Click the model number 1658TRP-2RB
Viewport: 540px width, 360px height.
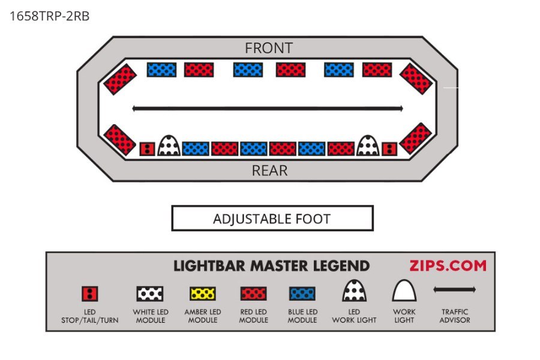50,16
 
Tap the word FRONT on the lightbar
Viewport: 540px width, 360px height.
269,48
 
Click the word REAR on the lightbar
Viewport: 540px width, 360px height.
269,170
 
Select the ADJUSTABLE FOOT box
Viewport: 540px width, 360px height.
272,218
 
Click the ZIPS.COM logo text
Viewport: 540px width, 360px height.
448,266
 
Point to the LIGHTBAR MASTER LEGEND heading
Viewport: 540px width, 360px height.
271,266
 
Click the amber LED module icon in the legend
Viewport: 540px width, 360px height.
203,294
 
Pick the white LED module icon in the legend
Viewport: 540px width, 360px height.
150,294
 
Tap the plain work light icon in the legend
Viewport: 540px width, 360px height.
404,290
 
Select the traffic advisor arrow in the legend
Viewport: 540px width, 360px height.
455,289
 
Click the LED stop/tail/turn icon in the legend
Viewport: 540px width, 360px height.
90,294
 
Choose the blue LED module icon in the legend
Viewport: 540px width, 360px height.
302,294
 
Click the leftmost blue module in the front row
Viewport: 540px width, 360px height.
161,70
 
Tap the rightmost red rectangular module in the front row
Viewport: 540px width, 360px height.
377,70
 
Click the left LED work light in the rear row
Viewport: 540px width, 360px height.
169,145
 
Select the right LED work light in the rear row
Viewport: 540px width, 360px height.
368,145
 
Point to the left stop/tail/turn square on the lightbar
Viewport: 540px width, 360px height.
148,149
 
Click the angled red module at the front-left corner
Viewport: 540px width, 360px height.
120,79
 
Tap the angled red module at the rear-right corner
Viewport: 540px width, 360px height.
416,139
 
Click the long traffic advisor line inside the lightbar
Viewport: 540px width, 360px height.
268,109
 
